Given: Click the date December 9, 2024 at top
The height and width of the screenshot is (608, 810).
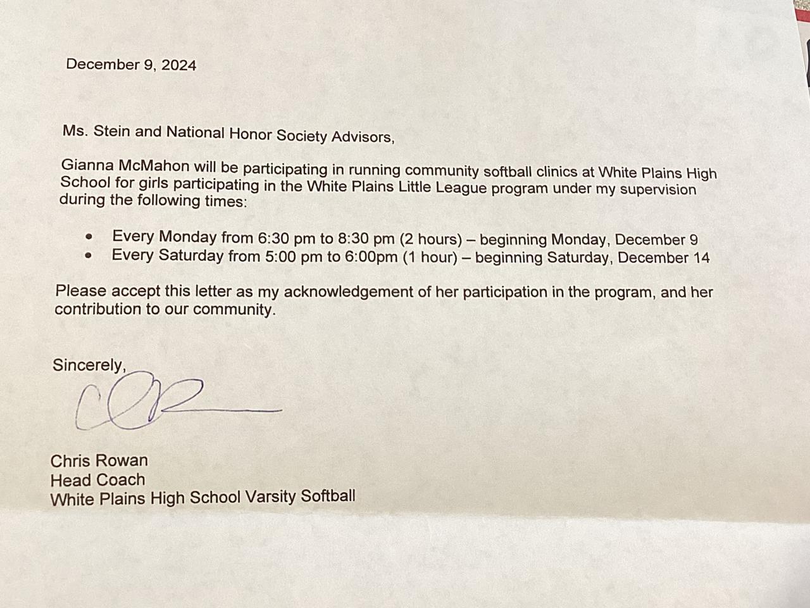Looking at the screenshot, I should (131, 65).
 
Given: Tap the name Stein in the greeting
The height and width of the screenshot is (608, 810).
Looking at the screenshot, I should (111, 131).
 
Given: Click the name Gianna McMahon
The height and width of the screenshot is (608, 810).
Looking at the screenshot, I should (125, 166).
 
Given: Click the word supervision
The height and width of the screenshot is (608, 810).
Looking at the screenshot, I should (657, 190).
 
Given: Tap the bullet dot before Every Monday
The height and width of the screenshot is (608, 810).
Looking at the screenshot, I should (89, 237).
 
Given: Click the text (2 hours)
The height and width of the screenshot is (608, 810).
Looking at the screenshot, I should (430, 239).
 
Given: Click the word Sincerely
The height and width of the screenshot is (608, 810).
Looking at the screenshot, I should (89, 365).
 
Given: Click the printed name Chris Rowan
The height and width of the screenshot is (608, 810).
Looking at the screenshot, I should (99, 460).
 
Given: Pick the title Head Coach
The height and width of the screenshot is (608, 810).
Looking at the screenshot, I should (97, 479).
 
